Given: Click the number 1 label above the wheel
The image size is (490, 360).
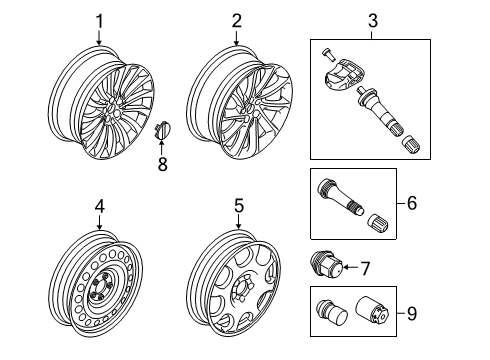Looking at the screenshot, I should tap(99, 20).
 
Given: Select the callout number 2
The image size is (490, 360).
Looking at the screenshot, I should tap(236, 20).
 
